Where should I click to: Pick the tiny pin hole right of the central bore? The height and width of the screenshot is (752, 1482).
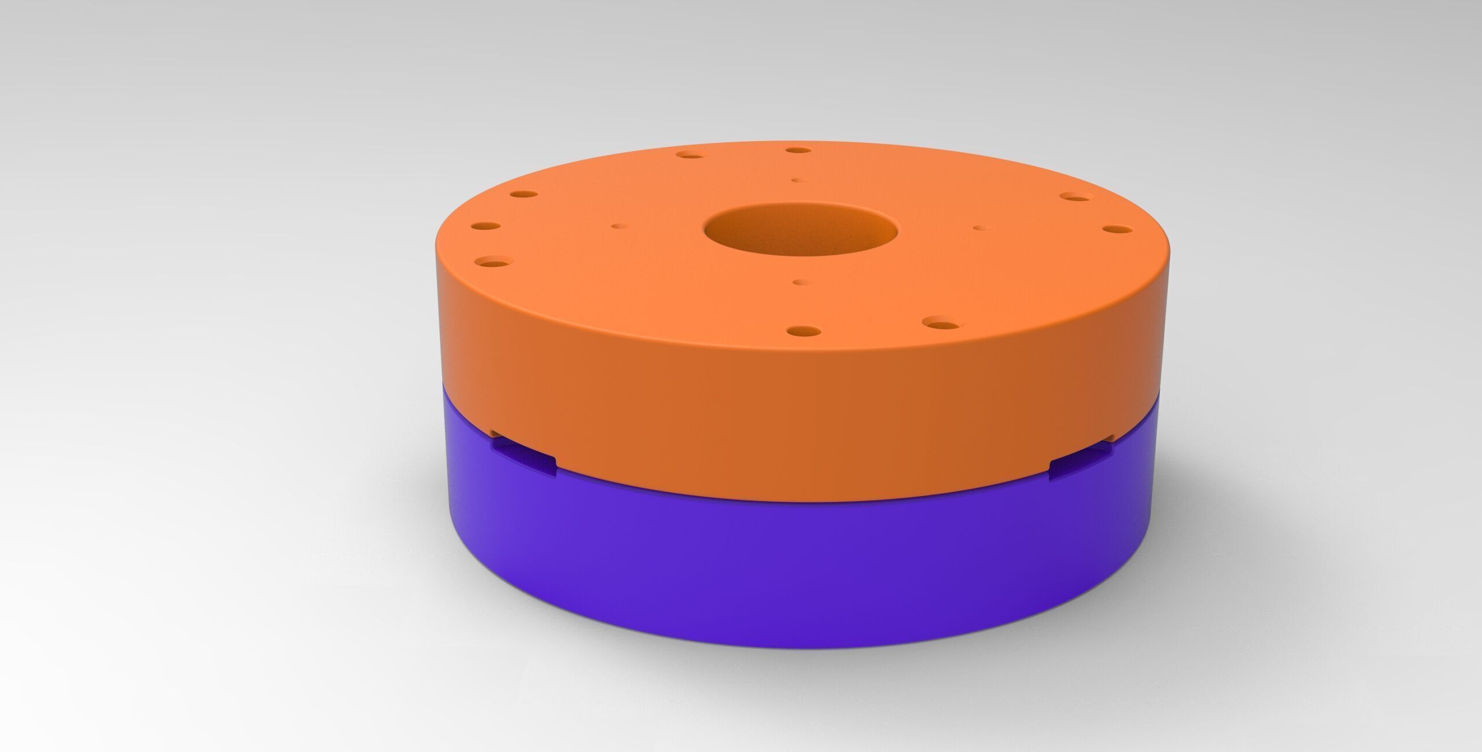click(x=978, y=228)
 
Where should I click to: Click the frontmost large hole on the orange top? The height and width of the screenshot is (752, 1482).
click(x=798, y=332)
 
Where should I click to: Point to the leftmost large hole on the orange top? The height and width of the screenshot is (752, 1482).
click(x=485, y=226)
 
